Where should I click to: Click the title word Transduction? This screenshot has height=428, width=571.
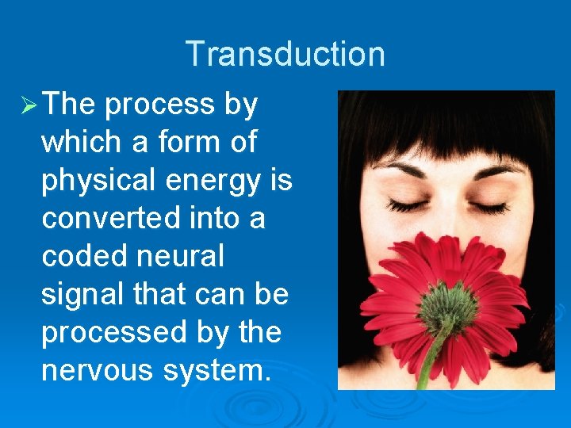[x=285, y=54]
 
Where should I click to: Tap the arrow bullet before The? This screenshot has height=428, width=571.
[x=25, y=105]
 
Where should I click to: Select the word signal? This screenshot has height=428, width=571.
[x=82, y=294]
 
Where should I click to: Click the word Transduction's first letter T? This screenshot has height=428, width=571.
[x=194, y=54]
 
